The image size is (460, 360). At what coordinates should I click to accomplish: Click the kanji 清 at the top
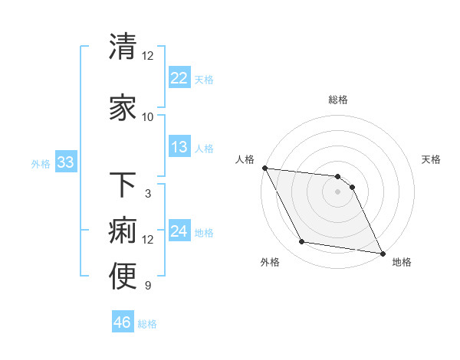point(123,47)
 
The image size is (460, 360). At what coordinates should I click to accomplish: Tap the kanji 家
point(123,108)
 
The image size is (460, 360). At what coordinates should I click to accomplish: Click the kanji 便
point(123,277)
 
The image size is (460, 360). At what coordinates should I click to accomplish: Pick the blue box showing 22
point(179,78)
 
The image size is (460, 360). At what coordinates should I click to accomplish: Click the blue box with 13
point(179,147)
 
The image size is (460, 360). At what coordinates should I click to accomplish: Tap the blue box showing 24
point(179,231)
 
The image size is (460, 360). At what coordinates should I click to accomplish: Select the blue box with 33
point(65,162)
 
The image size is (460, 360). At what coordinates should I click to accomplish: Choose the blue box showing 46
point(122,322)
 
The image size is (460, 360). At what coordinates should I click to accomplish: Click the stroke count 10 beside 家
point(148,117)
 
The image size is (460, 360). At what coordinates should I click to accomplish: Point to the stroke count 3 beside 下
point(148,194)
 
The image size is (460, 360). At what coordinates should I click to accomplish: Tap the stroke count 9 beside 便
point(148,286)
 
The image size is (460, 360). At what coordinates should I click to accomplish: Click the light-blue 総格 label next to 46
point(147,324)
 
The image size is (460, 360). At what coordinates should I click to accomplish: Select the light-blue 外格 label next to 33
point(41,164)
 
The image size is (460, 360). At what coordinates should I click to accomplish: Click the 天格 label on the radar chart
point(432,159)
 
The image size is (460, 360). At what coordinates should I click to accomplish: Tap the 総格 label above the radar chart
point(338,100)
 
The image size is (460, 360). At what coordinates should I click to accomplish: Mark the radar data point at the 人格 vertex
point(264,168)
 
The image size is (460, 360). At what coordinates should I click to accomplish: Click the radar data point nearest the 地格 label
point(382,252)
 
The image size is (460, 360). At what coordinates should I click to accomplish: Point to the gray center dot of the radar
point(338,191)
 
